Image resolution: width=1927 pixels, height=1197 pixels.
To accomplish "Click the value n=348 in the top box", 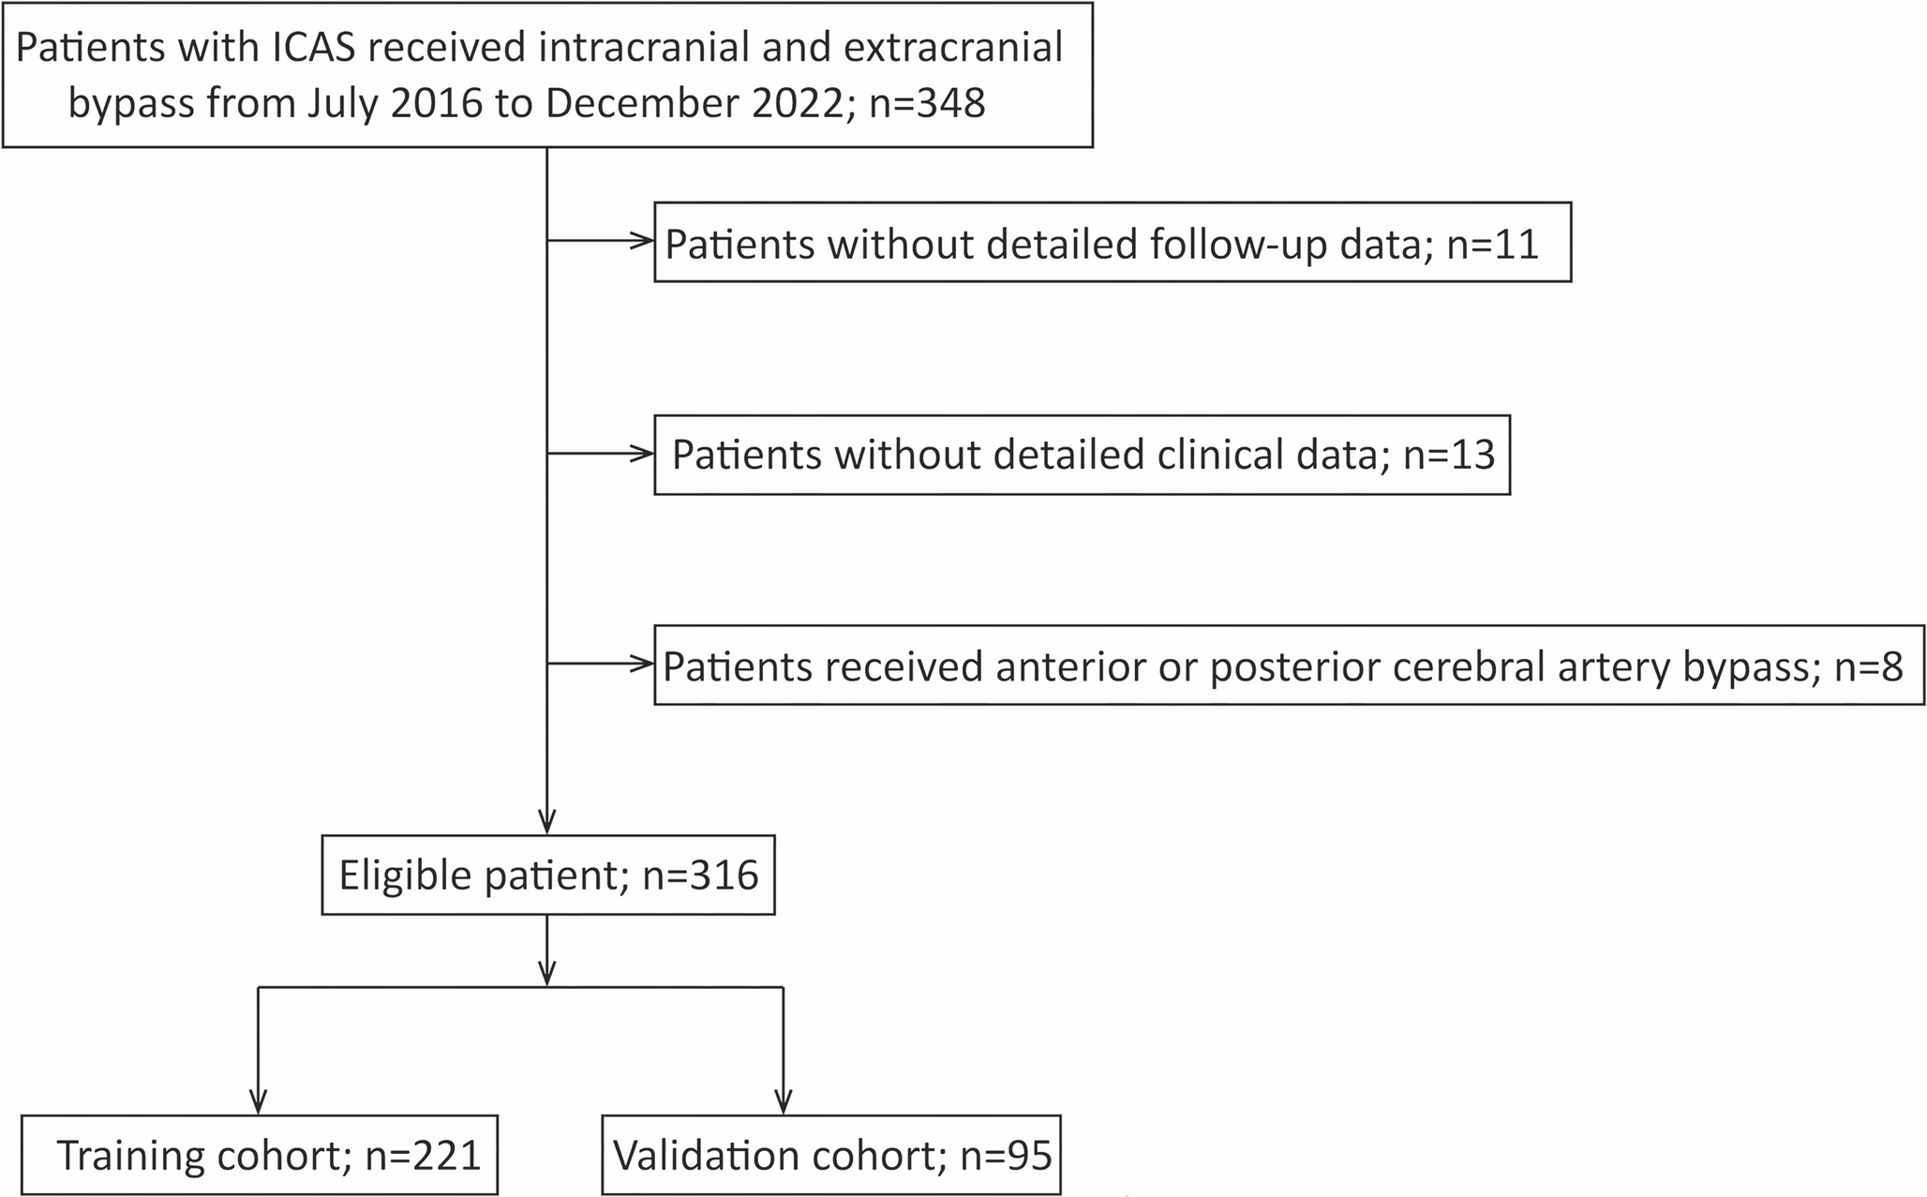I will tap(927, 103).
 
